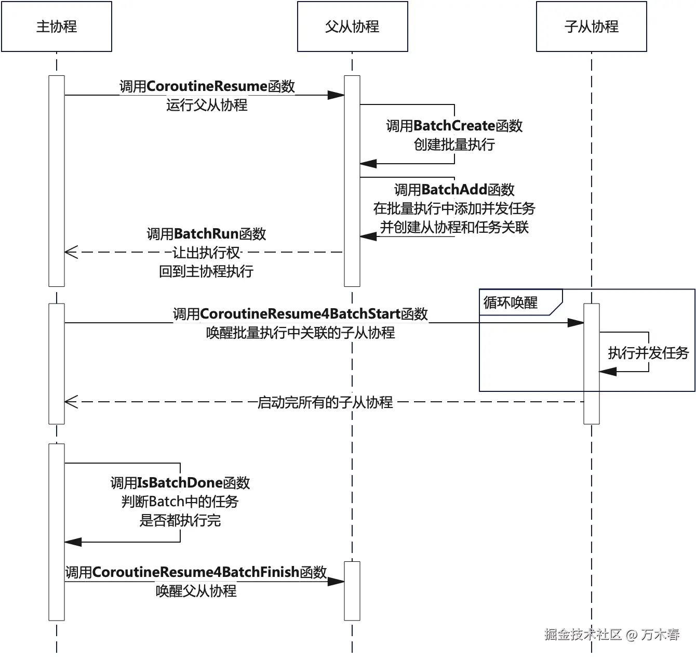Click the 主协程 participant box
[57, 27]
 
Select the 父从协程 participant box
[352, 27]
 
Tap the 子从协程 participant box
[591, 27]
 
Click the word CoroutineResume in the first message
[207, 86]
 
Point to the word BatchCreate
[454, 126]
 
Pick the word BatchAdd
[454, 190]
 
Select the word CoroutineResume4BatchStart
[300, 314]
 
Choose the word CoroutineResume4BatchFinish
[195, 572]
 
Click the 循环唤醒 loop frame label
[510, 302]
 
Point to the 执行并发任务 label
[648, 353]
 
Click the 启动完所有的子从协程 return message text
[325, 402]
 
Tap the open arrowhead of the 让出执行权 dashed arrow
[71, 252]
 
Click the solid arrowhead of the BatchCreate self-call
[368, 164]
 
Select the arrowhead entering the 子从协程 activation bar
[575, 323]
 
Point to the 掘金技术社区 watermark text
[583, 634]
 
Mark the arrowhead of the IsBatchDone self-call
[73, 542]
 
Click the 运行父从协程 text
[207, 105]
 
